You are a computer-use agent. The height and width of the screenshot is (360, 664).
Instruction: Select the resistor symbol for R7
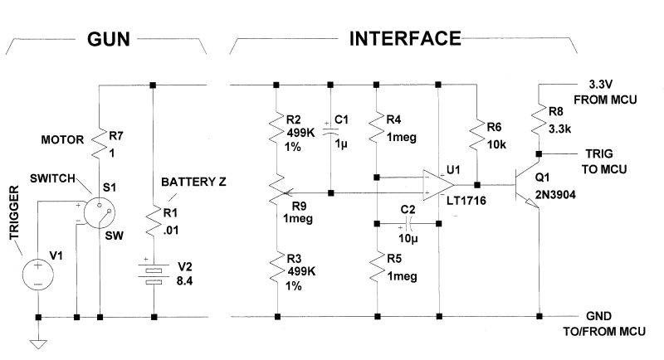point(99,142)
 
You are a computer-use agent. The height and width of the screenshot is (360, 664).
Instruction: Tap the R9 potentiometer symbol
point(276,193)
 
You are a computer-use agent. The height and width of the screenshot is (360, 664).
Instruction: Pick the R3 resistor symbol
point(276,270)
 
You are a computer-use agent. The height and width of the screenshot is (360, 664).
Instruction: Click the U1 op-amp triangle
point(437,184)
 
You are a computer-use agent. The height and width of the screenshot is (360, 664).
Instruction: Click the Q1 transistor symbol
point(528,184)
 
